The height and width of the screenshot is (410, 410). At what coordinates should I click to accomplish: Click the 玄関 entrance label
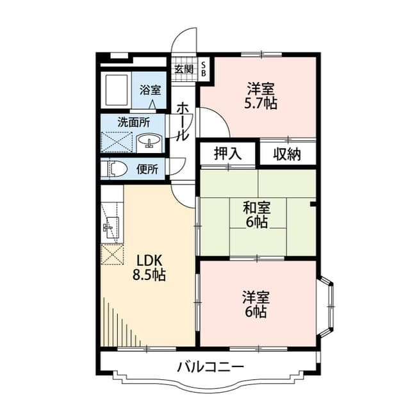pyautogui.click(x=184, y=69)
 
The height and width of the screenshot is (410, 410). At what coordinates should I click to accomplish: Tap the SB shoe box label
pyautogui.click(x=204, y=70)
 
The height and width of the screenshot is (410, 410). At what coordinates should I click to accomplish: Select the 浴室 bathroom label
pyautogui.click(x=150, y=90)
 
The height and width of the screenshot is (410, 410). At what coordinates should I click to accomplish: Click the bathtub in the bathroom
pyautogui.click(x=117, y=90)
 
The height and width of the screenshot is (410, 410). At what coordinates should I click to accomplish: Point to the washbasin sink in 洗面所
pyautogui.click(x=149, y=140)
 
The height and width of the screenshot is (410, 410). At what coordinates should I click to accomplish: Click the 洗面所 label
pyautogui.click(x=133, y=122)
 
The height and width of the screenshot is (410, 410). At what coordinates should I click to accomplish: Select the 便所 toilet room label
pyautogui.click(x=147, y=169)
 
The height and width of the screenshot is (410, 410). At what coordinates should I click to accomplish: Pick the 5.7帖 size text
pyautogui.click(x=261, y=104)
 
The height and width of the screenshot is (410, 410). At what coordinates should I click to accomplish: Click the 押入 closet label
pyautogui.click(x=227, y=154)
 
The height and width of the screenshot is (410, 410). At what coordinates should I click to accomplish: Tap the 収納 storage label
pyautogui.click(x=287, y=154)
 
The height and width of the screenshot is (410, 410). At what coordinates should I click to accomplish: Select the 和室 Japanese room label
pyautogui.click(x=257, y=208)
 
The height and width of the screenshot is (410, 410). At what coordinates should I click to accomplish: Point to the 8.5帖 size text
pyautogui.click(x=149, y=275)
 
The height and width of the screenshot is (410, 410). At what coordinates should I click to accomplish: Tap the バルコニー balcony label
pyautogui.click(x=210, y=367)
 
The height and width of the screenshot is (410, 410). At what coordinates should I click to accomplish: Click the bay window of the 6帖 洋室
pyautogui.click(x=327, y=306)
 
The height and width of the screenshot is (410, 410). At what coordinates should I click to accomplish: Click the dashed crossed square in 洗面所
pyautogui.click(x=117, y=142)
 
